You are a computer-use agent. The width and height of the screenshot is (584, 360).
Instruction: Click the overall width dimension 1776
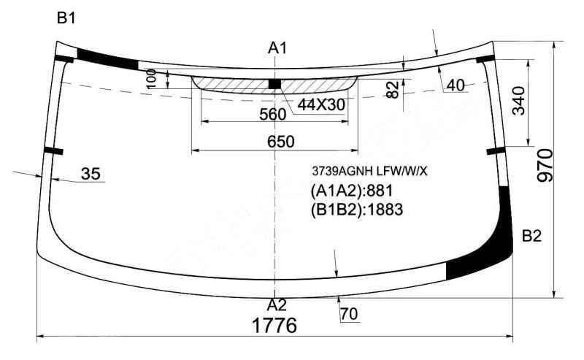(x=274, y=326)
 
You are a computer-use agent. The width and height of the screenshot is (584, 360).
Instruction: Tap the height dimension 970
(x=545, y=165)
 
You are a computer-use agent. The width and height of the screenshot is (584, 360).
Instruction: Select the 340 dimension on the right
(x=518, y=101)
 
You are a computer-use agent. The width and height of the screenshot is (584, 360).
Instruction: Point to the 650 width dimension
(x=281, y=141)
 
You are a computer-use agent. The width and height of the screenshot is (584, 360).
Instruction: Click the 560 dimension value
(x=273, y=115)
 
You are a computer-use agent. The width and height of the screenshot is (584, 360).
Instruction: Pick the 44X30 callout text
(x=321, y=105)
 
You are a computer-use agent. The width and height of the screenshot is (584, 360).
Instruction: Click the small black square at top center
(x=274, y=84)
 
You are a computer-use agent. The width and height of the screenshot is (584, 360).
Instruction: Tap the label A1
(x=277, y=48)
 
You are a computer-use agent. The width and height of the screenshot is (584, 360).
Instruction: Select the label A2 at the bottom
(x=277, y=305)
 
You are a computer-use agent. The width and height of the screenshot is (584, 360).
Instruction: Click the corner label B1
(x=66, y=18)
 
